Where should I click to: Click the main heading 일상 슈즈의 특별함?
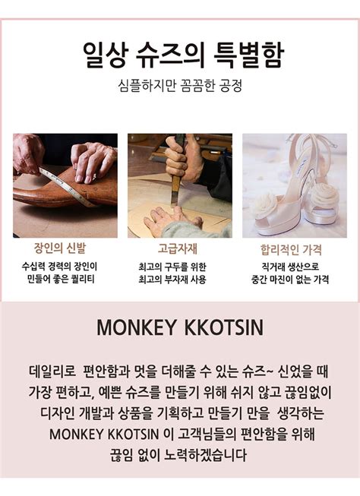[x=180, y=55]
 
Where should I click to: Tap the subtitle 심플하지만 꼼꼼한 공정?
[x=180, y=86]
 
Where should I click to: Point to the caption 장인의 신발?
[x=65, y=248]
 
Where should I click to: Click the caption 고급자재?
[x=179, y=248]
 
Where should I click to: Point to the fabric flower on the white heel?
[x=267, y=203]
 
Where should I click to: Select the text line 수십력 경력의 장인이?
[x=65, y=267]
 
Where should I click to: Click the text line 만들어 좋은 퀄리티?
[x=65, y=280]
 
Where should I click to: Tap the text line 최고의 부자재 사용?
[x=179, y=280]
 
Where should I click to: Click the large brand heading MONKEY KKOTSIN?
[x=180, y=328]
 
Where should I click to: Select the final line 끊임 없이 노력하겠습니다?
[x=180, y=455]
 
